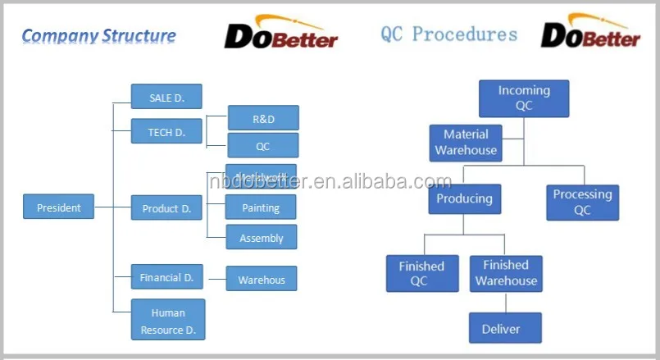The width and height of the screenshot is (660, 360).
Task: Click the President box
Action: tap(58, 207)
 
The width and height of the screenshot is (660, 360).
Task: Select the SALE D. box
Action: tap(166, 98)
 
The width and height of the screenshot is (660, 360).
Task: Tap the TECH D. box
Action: tap(166, 132)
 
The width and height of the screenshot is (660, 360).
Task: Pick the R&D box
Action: tap(263, 118)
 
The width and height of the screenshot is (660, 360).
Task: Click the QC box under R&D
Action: tap(263, 146)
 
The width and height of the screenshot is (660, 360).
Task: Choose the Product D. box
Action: tap(166, 208)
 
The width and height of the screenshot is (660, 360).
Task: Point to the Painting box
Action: tap(261, 207)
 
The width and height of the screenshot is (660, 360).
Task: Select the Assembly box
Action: tap(262, 238)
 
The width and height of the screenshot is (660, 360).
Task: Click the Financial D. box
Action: tap(166, 277)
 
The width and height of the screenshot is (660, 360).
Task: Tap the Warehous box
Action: tap(262, 280)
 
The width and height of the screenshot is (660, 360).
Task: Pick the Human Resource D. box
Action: tap(168, 320)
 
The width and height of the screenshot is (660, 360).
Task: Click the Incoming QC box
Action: tap(524, 98)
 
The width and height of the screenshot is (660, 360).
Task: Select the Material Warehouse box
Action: tap(466, 143)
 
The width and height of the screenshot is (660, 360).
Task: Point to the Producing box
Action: tap(464, 199)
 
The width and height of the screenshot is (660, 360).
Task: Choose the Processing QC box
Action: tap(582, 202)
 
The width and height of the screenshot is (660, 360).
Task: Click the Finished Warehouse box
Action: tap(506, 273)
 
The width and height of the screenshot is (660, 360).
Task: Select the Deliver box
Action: tap(501, 329)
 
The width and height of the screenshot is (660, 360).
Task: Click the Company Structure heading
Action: tap(98, 35)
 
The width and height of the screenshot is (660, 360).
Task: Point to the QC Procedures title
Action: tap(449, 34)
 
